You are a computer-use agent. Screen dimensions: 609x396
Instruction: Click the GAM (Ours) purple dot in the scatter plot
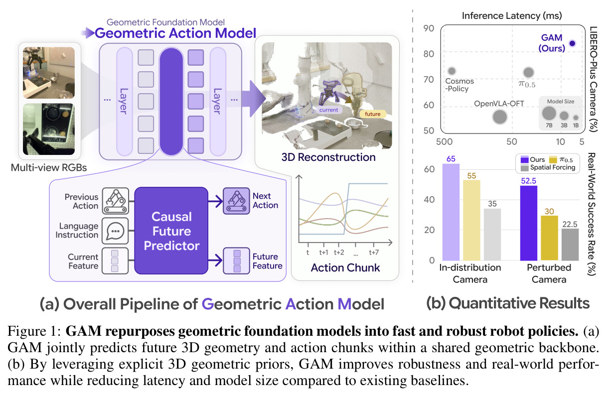click(x=572, y=43)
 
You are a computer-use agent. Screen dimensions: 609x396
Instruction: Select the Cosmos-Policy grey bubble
click(x=452, y=71)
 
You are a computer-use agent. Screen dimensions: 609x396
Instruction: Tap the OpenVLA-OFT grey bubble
click(x=500, y=117)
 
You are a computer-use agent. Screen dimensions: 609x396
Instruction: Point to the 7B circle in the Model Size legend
click(x=549, y=114)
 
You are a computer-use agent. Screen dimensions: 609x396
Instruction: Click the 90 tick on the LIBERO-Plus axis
click(x=429, y=28)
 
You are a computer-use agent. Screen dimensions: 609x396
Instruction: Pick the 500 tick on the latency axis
click(x=444, y=141)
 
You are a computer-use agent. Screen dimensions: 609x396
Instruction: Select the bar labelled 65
click(x=451, y=212)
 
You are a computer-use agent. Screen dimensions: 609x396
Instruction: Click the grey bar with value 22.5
click(x=570, y=245)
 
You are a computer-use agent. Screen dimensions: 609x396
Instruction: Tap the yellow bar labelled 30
click(x=549, y=238)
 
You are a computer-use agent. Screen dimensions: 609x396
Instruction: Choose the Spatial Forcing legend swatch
click(x=524, y=168)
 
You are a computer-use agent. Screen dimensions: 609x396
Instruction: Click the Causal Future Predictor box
click(x=171, y=231)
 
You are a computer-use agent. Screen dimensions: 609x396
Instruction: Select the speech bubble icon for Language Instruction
click(x=115, y=231)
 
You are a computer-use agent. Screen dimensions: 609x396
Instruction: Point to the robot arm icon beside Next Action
click(x=236, y=201)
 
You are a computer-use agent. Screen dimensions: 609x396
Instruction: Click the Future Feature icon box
click(x=237, y=261)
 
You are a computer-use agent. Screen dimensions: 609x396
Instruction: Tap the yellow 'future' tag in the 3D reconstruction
click(x=372, y=114)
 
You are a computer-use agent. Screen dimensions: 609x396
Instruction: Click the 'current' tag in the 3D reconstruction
click(x=329, y=110)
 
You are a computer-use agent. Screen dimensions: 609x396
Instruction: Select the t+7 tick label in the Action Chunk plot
click(x=374, y=253)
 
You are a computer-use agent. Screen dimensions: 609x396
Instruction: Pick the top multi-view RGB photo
click(x=49, y=73)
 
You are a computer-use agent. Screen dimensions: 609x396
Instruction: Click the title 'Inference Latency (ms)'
click(x=512, y=16)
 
